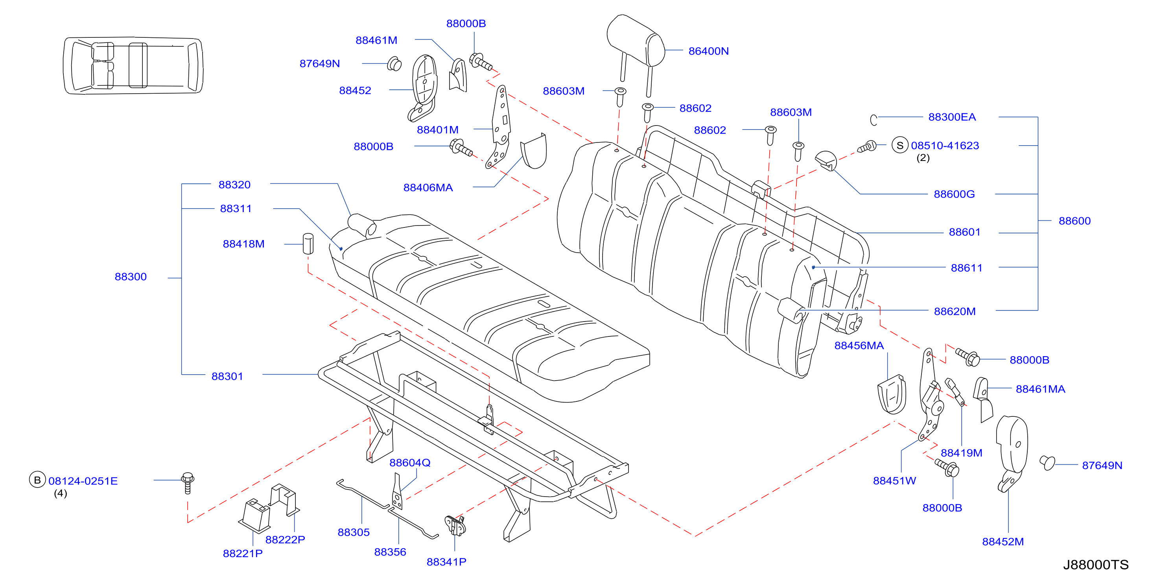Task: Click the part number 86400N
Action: [708, 51]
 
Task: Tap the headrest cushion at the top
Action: [636, 40]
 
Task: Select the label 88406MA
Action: [428, 187]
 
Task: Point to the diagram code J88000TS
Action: [1096, 565]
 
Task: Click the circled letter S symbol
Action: [899, 146]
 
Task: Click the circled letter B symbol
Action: [37, 480]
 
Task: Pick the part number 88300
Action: [131, 277]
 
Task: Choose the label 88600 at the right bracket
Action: [1074, 221]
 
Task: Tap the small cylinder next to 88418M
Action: [308, 244]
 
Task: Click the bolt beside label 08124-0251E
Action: [187, 483]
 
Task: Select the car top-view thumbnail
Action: [133, 66]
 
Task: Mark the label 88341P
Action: [446, 562]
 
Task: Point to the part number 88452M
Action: [1003, 541]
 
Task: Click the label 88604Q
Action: [410, 463]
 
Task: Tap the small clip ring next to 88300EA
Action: [874, 120]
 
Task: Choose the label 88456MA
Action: [859, 346]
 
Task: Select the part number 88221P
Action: [242, 553]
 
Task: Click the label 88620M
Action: [955, 311]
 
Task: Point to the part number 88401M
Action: [437, 130]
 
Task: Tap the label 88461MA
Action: [1040, 389]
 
